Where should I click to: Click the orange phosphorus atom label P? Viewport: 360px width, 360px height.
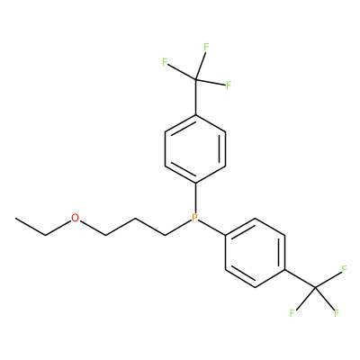pos(195,218)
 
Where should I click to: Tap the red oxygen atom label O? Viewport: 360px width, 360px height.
pos(76,218)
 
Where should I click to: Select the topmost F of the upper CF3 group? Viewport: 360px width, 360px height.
pos(206,47)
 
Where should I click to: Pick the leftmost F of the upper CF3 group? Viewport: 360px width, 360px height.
pos(165,62)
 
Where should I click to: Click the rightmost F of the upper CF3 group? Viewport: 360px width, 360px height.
pos(229,85)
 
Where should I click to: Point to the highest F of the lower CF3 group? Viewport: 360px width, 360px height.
pos(344,269)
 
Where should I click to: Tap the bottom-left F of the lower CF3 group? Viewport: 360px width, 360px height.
pos(292,313)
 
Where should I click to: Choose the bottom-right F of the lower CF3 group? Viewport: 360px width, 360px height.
pos(337,313)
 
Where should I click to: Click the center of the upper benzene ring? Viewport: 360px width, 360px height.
pos(195,148)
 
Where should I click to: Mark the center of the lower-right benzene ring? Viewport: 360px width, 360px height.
pos(255,253)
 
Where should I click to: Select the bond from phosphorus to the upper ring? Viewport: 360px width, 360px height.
pos(195,197)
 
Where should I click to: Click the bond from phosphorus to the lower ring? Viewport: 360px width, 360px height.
pos(212,228)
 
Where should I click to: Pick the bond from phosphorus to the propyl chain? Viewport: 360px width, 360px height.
pos(178,228)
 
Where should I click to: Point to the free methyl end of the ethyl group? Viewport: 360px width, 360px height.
pos(15,218)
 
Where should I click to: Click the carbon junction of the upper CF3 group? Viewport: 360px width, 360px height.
pos(195,79)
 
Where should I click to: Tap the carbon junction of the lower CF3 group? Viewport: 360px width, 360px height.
pos(315,287)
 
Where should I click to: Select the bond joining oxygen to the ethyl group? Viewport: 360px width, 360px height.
pos(58,228)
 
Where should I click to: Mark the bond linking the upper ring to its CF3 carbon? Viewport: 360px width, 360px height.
pos(195,96)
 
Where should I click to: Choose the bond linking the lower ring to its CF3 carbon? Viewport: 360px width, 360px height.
pos(300,279)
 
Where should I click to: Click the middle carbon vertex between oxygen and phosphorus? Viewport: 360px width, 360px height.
pos(135,218)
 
